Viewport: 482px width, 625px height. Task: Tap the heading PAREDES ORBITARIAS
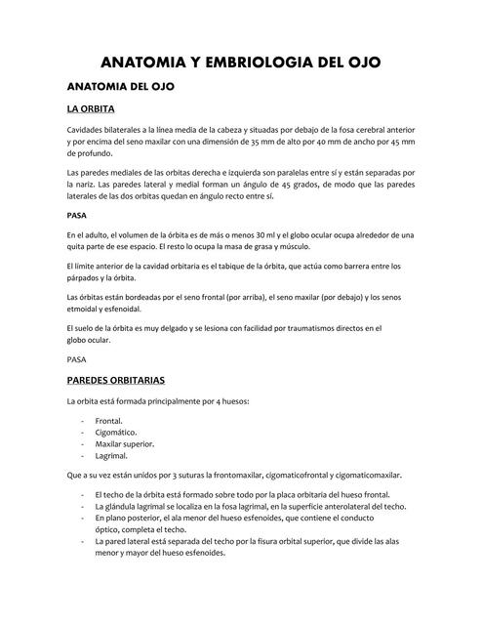[x=115, y=379]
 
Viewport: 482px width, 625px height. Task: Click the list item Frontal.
[x=108, y=421]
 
